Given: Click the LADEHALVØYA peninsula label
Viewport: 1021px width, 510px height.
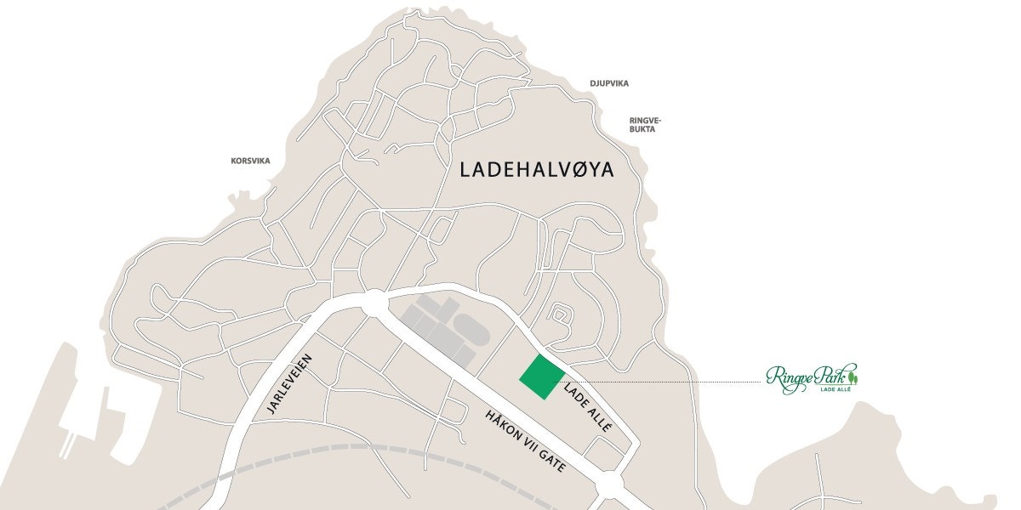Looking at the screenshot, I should coord(536,168).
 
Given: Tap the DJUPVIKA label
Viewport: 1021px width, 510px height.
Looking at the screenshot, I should coord(609,83).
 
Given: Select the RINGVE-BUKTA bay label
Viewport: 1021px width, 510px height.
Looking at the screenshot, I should coord(645,125).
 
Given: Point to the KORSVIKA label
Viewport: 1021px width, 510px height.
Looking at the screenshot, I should coord(250,160).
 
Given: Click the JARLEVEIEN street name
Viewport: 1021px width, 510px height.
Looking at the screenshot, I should coord(290,384).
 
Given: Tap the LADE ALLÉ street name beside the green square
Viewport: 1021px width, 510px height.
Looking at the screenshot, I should coord(588,407).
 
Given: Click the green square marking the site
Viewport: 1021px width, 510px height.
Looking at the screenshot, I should coord(542,377).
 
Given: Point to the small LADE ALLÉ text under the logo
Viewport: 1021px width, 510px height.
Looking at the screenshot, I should coord(835,391).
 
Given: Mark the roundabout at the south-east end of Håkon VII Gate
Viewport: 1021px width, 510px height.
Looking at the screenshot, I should coord(609,483).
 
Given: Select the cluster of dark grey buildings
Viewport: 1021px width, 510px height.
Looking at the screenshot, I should coord(442,327).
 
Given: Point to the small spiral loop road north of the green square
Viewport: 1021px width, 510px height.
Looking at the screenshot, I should coord(559,315).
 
